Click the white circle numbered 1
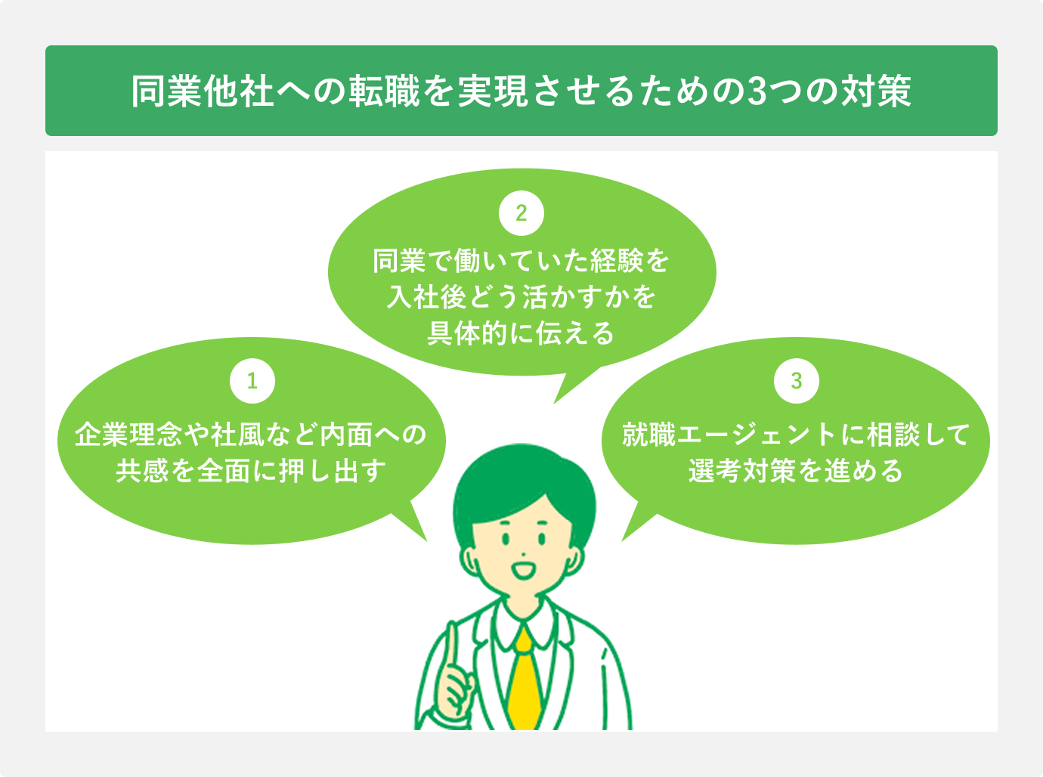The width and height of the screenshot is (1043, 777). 252,380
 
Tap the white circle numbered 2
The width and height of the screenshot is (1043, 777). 521,212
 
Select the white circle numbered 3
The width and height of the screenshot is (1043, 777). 796,380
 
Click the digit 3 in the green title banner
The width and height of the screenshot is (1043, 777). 756,91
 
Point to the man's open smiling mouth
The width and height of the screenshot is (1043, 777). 523,568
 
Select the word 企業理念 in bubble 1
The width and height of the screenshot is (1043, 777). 128,435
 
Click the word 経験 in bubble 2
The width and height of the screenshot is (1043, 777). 616,262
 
